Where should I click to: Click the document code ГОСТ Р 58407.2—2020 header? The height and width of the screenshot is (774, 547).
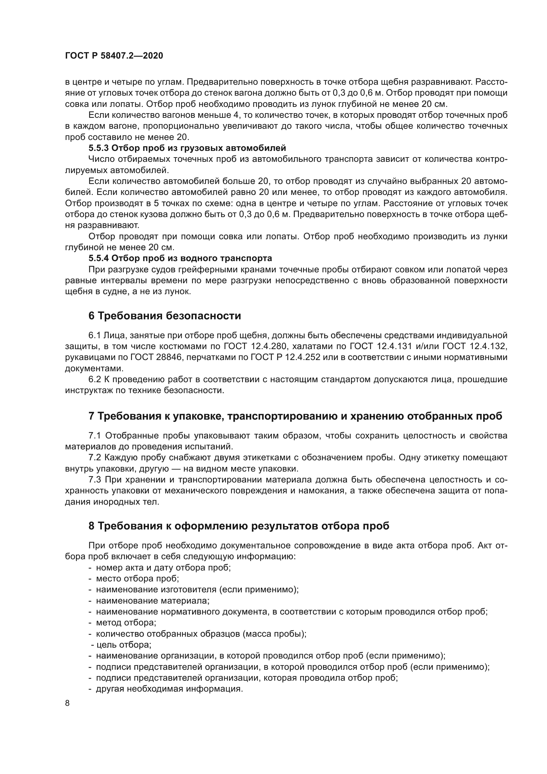(114, 56)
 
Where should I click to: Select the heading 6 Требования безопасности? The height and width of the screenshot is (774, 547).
(165, 316)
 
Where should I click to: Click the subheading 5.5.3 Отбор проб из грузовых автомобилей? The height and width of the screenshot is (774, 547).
(187, 148)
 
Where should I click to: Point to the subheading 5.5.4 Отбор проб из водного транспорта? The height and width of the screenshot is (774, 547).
(180, 258)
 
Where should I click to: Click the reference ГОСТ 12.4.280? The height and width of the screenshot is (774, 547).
(255, 346)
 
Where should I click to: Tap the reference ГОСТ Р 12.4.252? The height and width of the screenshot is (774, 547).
(285, 357)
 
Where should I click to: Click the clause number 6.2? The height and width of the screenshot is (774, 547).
(95, 380)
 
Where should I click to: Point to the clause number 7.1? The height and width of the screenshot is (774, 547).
(95, 435)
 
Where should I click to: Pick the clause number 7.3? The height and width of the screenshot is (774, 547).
(95, 480)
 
